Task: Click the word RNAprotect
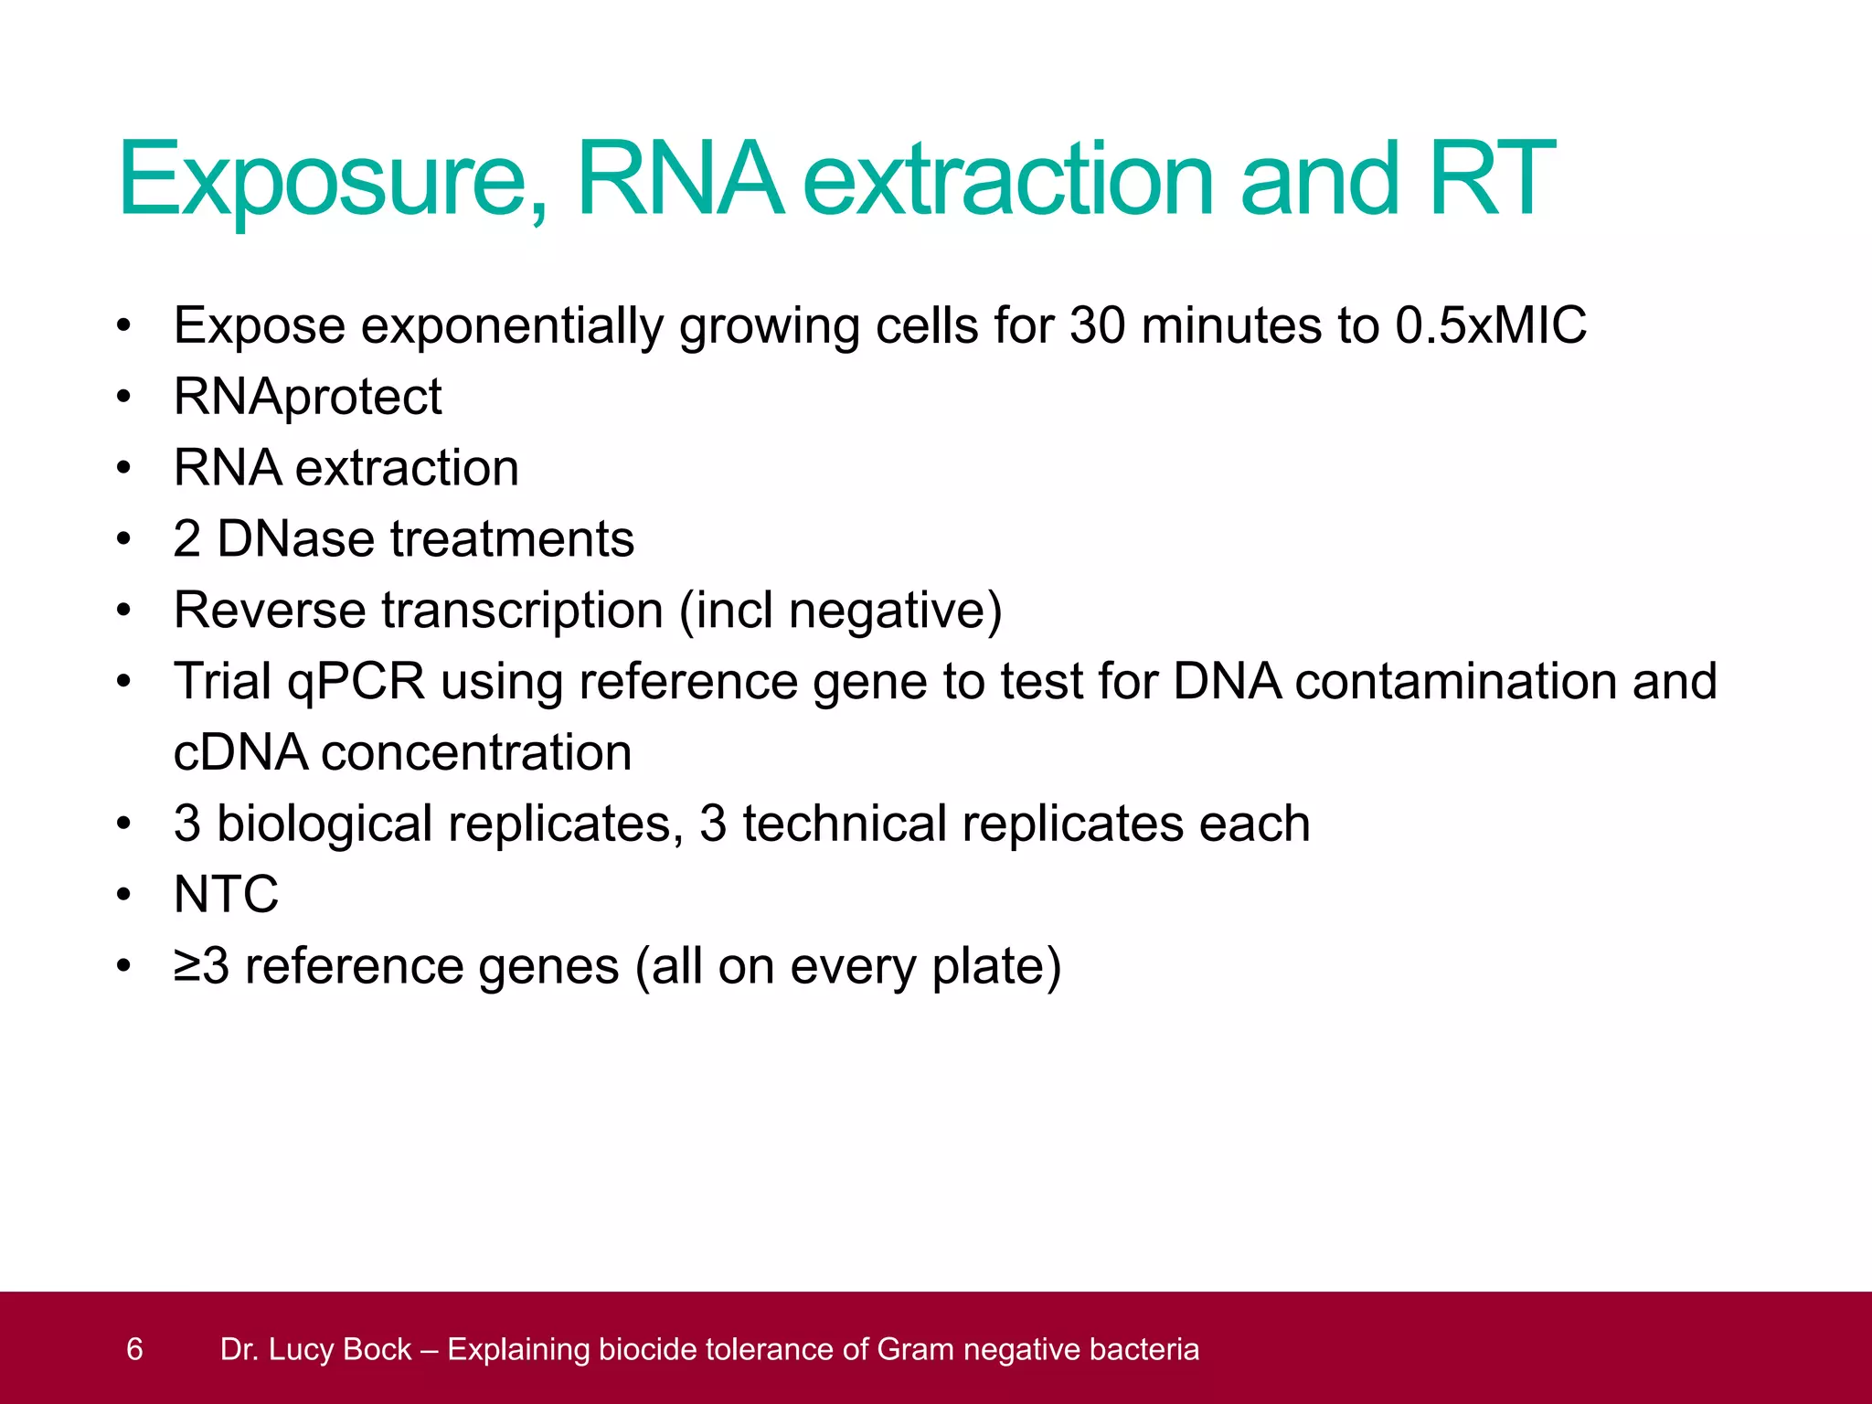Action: point(307,396)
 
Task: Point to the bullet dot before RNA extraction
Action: point(124,468)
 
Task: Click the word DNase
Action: point(296,538)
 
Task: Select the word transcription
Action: point(522,610)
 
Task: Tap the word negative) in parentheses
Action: point(895,610)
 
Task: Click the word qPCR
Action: point(356,681)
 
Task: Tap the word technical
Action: point(844,823)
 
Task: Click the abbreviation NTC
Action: point(226,894)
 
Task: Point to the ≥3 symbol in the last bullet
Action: point(201,966)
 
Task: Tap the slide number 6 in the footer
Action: point(134,1349)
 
